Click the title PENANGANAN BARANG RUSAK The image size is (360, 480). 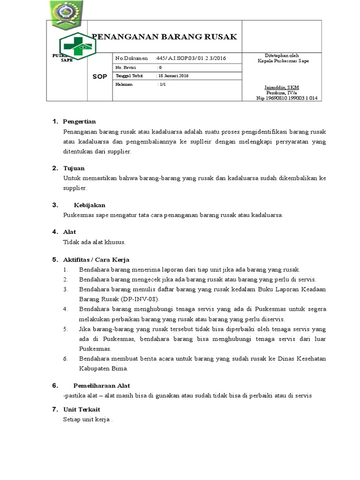click(x=164, y=37)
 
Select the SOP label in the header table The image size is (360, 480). click(x=99, y=76)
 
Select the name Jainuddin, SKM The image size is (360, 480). click(x=282, y=88)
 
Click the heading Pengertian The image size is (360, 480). click(x=79, y=122)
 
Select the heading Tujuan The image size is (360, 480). click(x=74, y=168)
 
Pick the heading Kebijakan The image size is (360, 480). click(x=90, y=205)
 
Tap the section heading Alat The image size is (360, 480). click(x=69, y=232)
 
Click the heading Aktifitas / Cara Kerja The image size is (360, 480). click(x=96, y=259)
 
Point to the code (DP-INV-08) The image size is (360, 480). click(x=140, y=299)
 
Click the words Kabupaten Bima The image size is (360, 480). click(x=103, y=368)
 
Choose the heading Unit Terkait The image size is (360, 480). click(x=82, y=409)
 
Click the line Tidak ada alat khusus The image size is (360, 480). click(x=94, y=242)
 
